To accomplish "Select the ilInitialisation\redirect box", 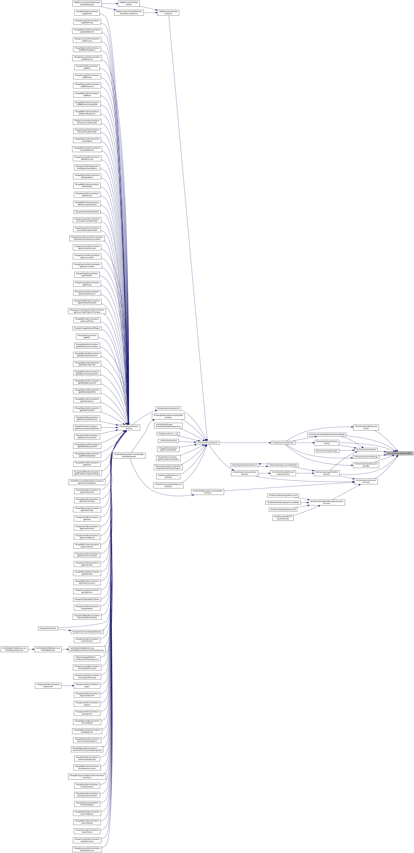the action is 366,449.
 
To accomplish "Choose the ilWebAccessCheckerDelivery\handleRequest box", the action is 87,3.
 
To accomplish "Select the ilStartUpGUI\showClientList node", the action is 245,465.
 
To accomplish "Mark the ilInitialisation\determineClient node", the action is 366,427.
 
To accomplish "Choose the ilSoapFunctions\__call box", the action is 168,433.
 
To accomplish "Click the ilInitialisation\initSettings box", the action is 366,457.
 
